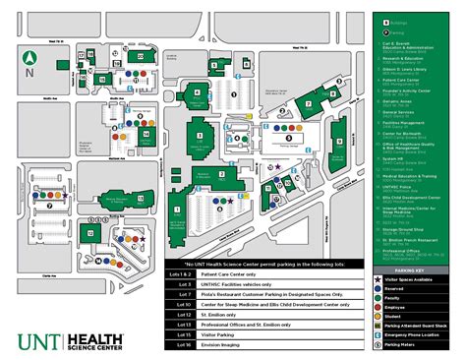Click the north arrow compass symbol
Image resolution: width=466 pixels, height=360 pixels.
(30, 60)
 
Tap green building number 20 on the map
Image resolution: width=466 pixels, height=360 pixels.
(142, 57)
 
